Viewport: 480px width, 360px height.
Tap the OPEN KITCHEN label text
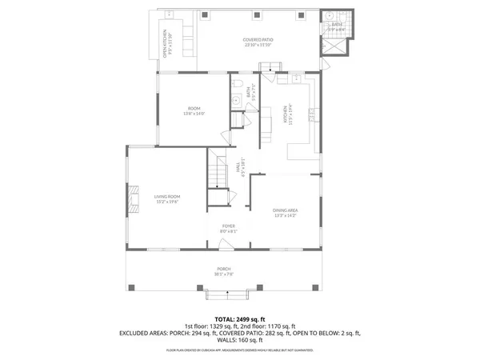166,43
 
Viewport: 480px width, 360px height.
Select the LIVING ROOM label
166,197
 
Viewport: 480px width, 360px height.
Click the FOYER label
230,228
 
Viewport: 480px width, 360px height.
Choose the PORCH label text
223,270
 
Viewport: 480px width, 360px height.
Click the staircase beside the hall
218,170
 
